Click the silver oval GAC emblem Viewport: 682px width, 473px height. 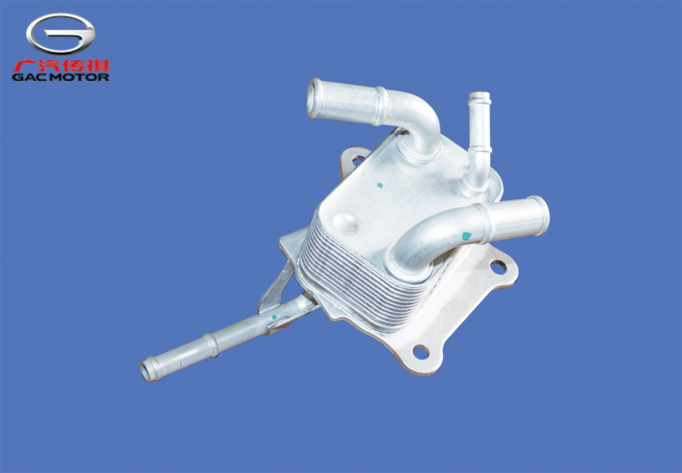pyautogui.click(x=60, y=34)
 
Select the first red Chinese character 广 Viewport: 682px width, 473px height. pyautogui.click(x=24, y=65)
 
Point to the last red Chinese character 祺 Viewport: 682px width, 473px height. pyautogui.click(x=97, y=65)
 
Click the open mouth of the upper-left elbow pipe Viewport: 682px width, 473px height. pyautogui.click(x=313, y=99)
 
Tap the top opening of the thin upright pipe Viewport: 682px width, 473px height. pyautogui.click(x=479, y=95)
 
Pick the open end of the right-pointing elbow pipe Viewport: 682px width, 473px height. pyautogui.click(x=542, y=216)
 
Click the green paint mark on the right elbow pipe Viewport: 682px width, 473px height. pyautogui.click(x=466, y=236)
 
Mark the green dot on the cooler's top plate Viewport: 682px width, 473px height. pyautogui.click(x=380, y=185)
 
